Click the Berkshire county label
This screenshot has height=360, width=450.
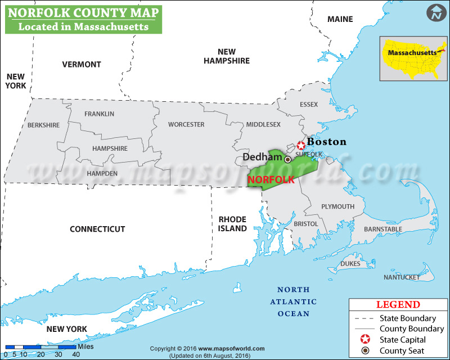(43, 125)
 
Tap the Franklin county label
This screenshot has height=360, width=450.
(99, 114)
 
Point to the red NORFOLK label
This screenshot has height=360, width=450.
(271, 179)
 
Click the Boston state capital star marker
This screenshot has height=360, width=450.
(301, 146)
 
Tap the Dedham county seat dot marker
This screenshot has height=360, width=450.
(287, 160)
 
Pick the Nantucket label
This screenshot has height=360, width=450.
(402, 277)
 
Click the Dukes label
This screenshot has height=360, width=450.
(350, 263)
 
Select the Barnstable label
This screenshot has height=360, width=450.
(383, 229)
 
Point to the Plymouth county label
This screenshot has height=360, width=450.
(337, 206)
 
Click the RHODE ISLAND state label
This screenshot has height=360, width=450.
(233, 224)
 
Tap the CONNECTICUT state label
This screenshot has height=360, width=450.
(97, 229)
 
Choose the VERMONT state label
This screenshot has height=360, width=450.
(82, 64)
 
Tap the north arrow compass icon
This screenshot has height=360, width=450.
(435, 13)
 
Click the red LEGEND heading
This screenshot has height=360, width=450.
(398, 305)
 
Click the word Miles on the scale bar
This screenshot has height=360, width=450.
(86, 346)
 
